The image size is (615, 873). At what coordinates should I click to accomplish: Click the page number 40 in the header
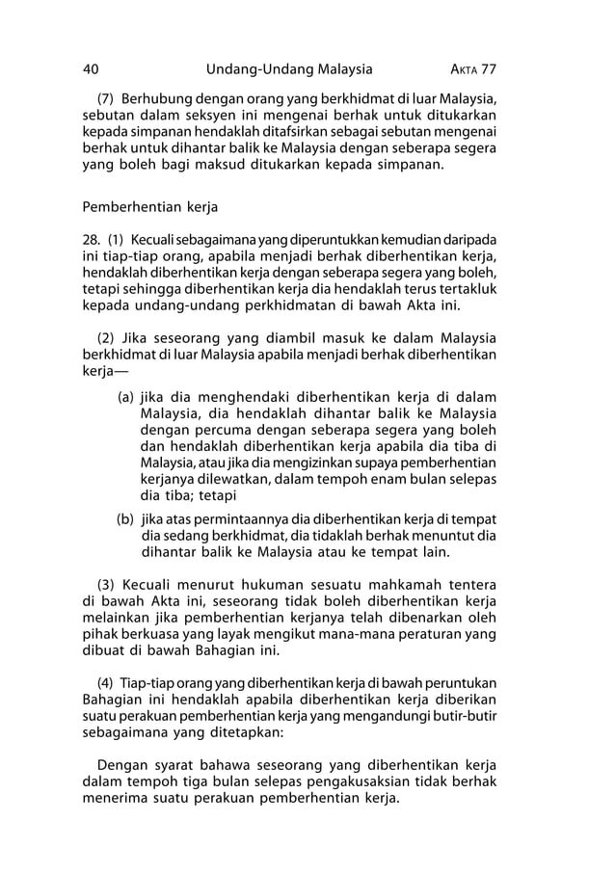pos(92,69)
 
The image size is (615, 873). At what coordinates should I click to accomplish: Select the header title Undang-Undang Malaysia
pos(289,69)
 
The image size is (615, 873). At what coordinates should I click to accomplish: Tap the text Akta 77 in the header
pos(472,69)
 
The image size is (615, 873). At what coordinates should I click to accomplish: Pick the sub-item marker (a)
pos(125,396)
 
